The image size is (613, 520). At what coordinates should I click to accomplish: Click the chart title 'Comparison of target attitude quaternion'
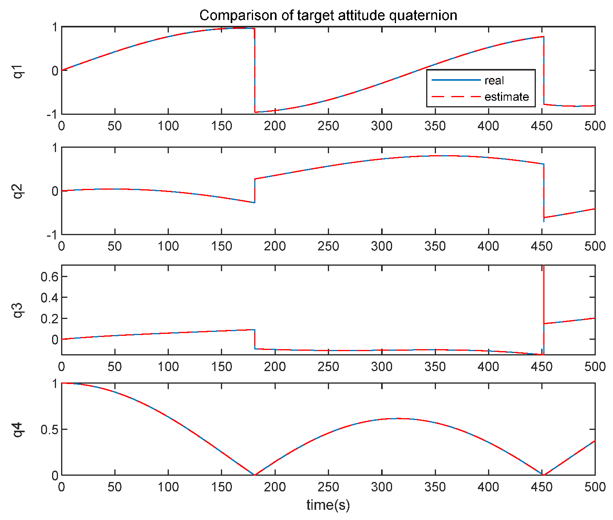[328, 16]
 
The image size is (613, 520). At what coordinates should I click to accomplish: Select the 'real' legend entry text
[494, 81]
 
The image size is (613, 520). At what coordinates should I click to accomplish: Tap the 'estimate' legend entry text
[506, 97]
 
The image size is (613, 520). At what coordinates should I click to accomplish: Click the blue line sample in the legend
[456, 80]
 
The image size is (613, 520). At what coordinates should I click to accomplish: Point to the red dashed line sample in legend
[456, 96]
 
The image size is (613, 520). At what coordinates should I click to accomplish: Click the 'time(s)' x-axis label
[328, 505]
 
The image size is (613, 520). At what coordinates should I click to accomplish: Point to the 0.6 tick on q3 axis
[49, 277]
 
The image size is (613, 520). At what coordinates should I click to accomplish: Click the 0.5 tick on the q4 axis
[49, 429]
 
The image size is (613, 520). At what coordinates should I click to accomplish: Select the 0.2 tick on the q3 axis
[49, 319]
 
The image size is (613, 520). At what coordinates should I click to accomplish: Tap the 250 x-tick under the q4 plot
[328, 487]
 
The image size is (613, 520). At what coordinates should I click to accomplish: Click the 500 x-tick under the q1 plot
[595, 126]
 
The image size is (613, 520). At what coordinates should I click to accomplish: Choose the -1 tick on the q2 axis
[52, 234]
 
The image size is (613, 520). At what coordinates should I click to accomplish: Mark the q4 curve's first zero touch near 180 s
[255, 475]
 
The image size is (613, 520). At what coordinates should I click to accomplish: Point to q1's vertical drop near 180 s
[255, 71]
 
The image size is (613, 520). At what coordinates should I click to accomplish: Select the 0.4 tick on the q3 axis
[49, 298]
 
